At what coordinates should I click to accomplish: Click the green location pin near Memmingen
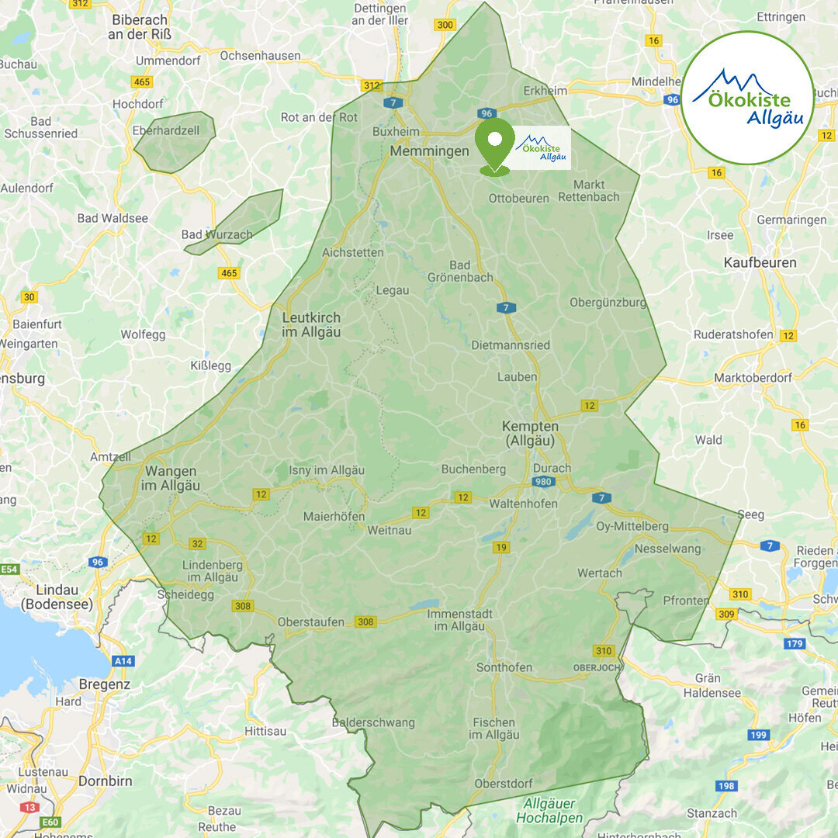[495, 143]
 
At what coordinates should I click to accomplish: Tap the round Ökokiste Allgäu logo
[747, 98]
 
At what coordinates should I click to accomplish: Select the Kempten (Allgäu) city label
[530, 434]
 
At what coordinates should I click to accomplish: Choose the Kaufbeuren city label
[760, 263]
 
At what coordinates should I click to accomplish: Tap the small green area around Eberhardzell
[175, 142]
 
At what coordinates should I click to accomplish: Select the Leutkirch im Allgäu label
[311, 325]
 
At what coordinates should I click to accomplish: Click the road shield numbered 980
[544, 483]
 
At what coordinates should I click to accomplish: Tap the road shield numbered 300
[445, 25]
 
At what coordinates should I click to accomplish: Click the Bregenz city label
[105, 685]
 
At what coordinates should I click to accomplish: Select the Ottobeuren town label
[518, 199]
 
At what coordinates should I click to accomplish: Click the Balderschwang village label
[373, 722]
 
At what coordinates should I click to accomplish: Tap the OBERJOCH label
[596, 667]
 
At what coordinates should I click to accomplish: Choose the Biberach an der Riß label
[140, 26]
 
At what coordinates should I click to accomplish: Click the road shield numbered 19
[501, 548]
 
